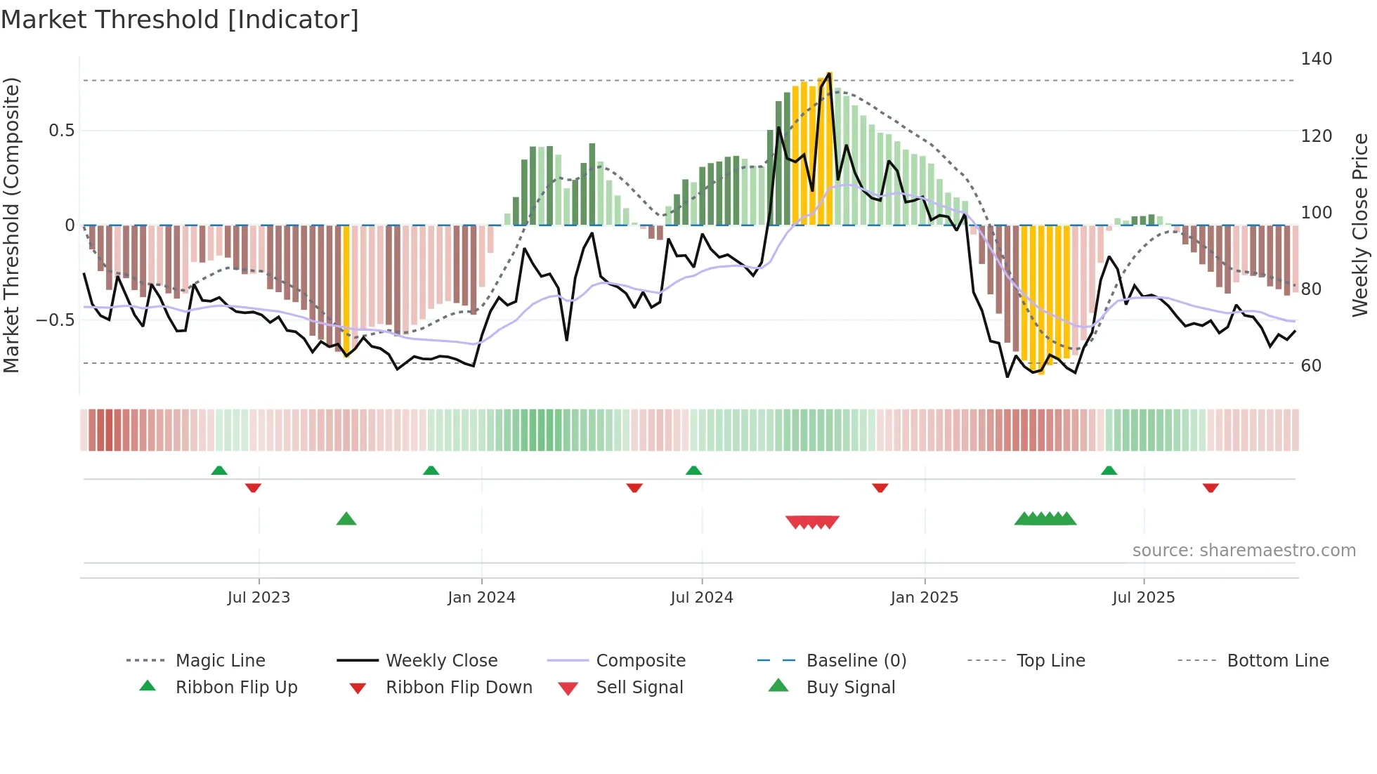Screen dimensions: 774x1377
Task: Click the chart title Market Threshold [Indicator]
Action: click(x=180, y=20)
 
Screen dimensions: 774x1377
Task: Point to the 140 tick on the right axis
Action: click(x=1316, y=59)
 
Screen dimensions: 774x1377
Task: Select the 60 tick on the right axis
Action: click(x=1311, y=365)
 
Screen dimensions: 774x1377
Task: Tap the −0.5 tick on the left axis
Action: click(x=56, y=320)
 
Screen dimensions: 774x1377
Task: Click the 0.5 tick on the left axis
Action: click(x=61, y=131)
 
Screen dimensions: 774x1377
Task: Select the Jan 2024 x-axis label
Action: click(x=481, y=598)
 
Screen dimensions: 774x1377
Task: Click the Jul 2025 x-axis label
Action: click(x=1143, y=598)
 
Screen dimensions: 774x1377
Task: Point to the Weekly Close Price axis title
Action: click(x=1360, y=225)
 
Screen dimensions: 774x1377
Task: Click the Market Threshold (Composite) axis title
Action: click(x=11, y=225)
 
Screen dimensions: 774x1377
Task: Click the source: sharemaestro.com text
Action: click(x=1244, y=551)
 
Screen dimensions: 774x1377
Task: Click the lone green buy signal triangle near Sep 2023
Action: click(x=346, y=519)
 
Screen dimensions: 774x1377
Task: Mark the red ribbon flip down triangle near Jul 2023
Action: click(x=253, y=487)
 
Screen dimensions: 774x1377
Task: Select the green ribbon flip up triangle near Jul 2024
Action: click(x=693, y=471)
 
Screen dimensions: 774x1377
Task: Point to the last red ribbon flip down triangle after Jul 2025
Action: click(x=1210, y=487)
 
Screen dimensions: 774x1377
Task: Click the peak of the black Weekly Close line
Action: click(x=830, y=73)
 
